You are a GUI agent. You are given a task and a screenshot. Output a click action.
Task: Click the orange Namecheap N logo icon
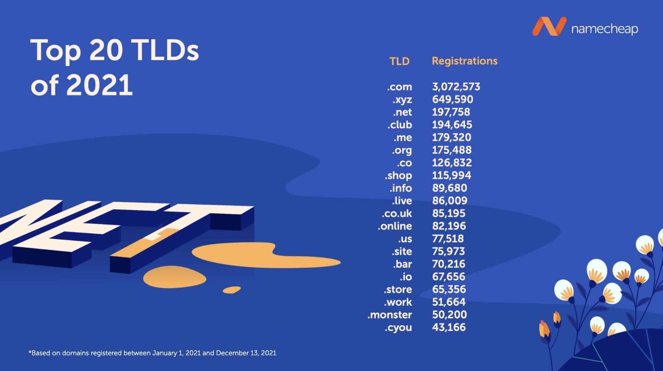[549, 27]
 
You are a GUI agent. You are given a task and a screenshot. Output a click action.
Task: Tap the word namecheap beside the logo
[604, 29]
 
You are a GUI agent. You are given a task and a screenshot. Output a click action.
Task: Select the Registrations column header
[465, 61]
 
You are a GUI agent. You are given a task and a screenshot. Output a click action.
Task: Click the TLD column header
[399, 61]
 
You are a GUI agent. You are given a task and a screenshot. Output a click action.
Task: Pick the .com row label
[399, 87]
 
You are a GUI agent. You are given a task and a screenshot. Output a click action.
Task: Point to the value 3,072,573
[456, 87]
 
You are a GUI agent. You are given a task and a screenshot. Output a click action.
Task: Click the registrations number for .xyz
[453, 99]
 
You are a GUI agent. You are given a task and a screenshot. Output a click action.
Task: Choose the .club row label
[399, 125]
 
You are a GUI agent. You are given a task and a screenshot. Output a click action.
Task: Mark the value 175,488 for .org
[452, 150]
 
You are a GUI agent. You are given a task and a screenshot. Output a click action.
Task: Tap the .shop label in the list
[398, 175]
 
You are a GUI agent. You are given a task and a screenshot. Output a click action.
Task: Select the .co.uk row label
[397, 213]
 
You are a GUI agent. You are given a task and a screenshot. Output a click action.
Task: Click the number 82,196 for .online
[449, 226]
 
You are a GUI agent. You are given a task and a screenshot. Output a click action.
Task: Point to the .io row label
[406, 277]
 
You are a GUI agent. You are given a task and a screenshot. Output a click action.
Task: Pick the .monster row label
[389, 314]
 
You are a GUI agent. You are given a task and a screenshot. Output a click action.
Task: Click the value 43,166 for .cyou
[449, 327]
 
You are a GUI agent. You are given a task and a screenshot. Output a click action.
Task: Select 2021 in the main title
[99, 85]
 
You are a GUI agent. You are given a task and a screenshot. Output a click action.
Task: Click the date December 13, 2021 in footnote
[246, 353]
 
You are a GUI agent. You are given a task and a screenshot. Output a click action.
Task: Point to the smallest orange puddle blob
[231, 289]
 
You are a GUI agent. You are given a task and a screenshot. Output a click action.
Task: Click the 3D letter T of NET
[181, 226]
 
